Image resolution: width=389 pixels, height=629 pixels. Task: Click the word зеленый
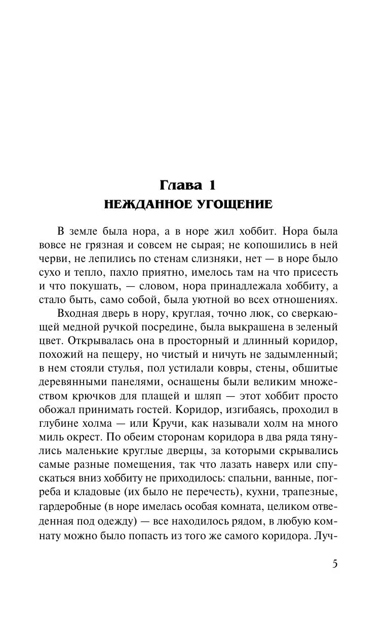click(316, 326)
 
